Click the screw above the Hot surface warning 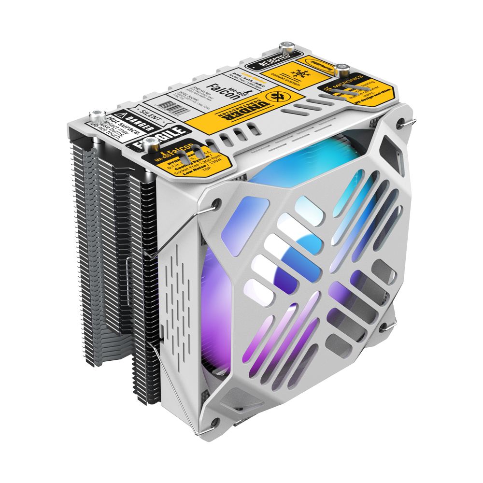click(x=97, y=114)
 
